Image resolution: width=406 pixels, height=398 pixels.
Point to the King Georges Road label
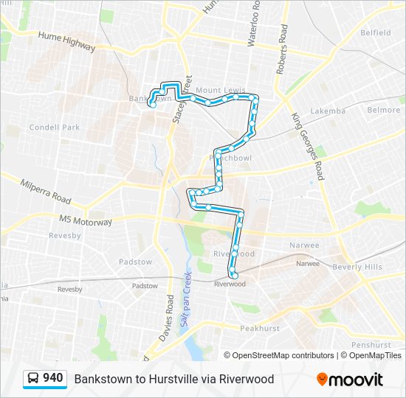tap(308, 146)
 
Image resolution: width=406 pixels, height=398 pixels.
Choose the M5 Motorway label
tap(86, 220)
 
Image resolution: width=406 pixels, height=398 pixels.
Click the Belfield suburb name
tap(375, 32)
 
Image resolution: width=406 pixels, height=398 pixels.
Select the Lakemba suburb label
tap(328, 111)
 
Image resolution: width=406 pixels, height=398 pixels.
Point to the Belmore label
tap(384, 110)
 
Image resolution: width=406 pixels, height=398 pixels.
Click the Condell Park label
tap(54, 127)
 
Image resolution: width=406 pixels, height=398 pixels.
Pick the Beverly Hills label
tap(357, 266)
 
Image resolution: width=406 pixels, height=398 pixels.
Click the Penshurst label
tap(371, 344)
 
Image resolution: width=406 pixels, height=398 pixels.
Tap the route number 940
tap(52, 378)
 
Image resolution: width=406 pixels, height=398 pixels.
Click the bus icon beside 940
tap(33, 379)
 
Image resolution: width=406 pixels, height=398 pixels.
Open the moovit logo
tap(350, 380)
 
